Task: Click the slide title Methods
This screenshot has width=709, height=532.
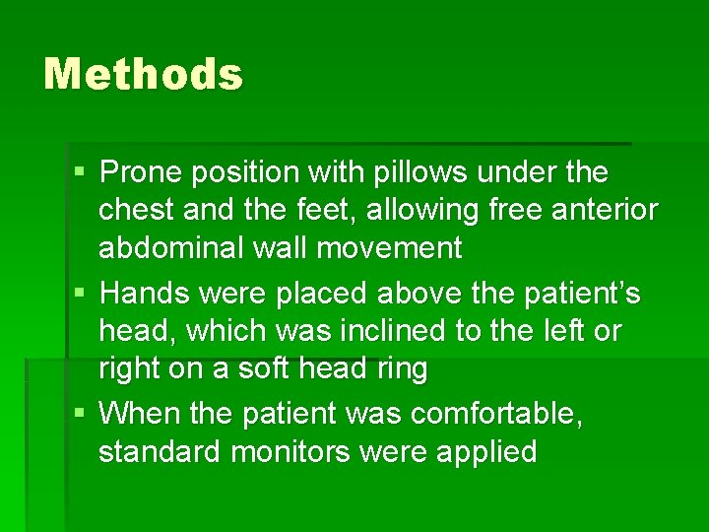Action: [143, 75]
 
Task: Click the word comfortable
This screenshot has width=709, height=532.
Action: [496, 414]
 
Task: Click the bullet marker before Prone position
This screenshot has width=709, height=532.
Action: [79, 173]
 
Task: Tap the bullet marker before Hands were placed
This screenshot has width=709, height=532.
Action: [79, 294]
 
